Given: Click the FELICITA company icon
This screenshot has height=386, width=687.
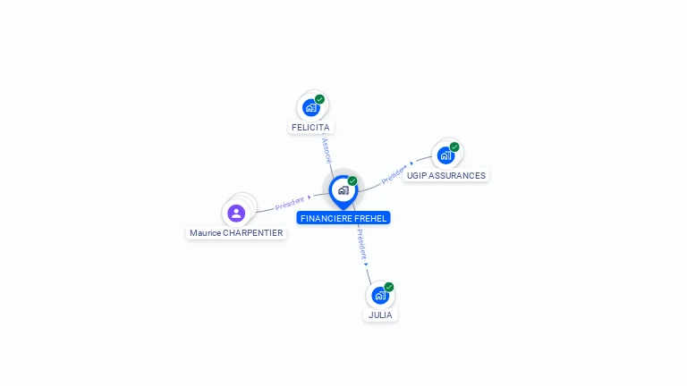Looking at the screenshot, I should [x=310, y=107].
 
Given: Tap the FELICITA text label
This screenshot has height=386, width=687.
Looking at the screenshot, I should [x=310, y=128].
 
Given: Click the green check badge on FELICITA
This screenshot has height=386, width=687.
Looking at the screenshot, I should [x=319, y=99].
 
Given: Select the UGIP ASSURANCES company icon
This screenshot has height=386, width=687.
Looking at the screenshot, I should [x=445, y=155].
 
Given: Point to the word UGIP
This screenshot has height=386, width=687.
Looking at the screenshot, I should [x=417, y=176].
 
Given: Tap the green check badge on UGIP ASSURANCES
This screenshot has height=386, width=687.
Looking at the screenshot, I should [x=454, y=147].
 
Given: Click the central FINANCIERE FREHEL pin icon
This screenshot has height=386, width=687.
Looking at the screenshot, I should [x=343, y=190].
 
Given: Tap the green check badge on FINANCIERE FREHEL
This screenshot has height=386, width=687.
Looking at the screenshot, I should [x=352, y=181].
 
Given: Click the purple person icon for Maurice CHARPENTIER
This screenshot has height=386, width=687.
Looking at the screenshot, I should [x=236, y=213].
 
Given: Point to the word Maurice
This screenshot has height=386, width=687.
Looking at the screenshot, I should [x=205, y=233].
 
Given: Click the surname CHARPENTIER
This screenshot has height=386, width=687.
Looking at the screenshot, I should [x=253, y=233].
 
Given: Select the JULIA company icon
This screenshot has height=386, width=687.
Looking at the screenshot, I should [x=380, y=295].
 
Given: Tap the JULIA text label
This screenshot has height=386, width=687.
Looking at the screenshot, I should [x=380, y=315].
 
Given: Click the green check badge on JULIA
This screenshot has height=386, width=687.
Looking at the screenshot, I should [x=389, y=287].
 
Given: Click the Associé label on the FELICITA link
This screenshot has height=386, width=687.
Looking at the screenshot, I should [x=327, y=149].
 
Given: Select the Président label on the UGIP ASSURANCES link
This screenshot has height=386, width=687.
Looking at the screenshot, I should [x=394, y=173].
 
